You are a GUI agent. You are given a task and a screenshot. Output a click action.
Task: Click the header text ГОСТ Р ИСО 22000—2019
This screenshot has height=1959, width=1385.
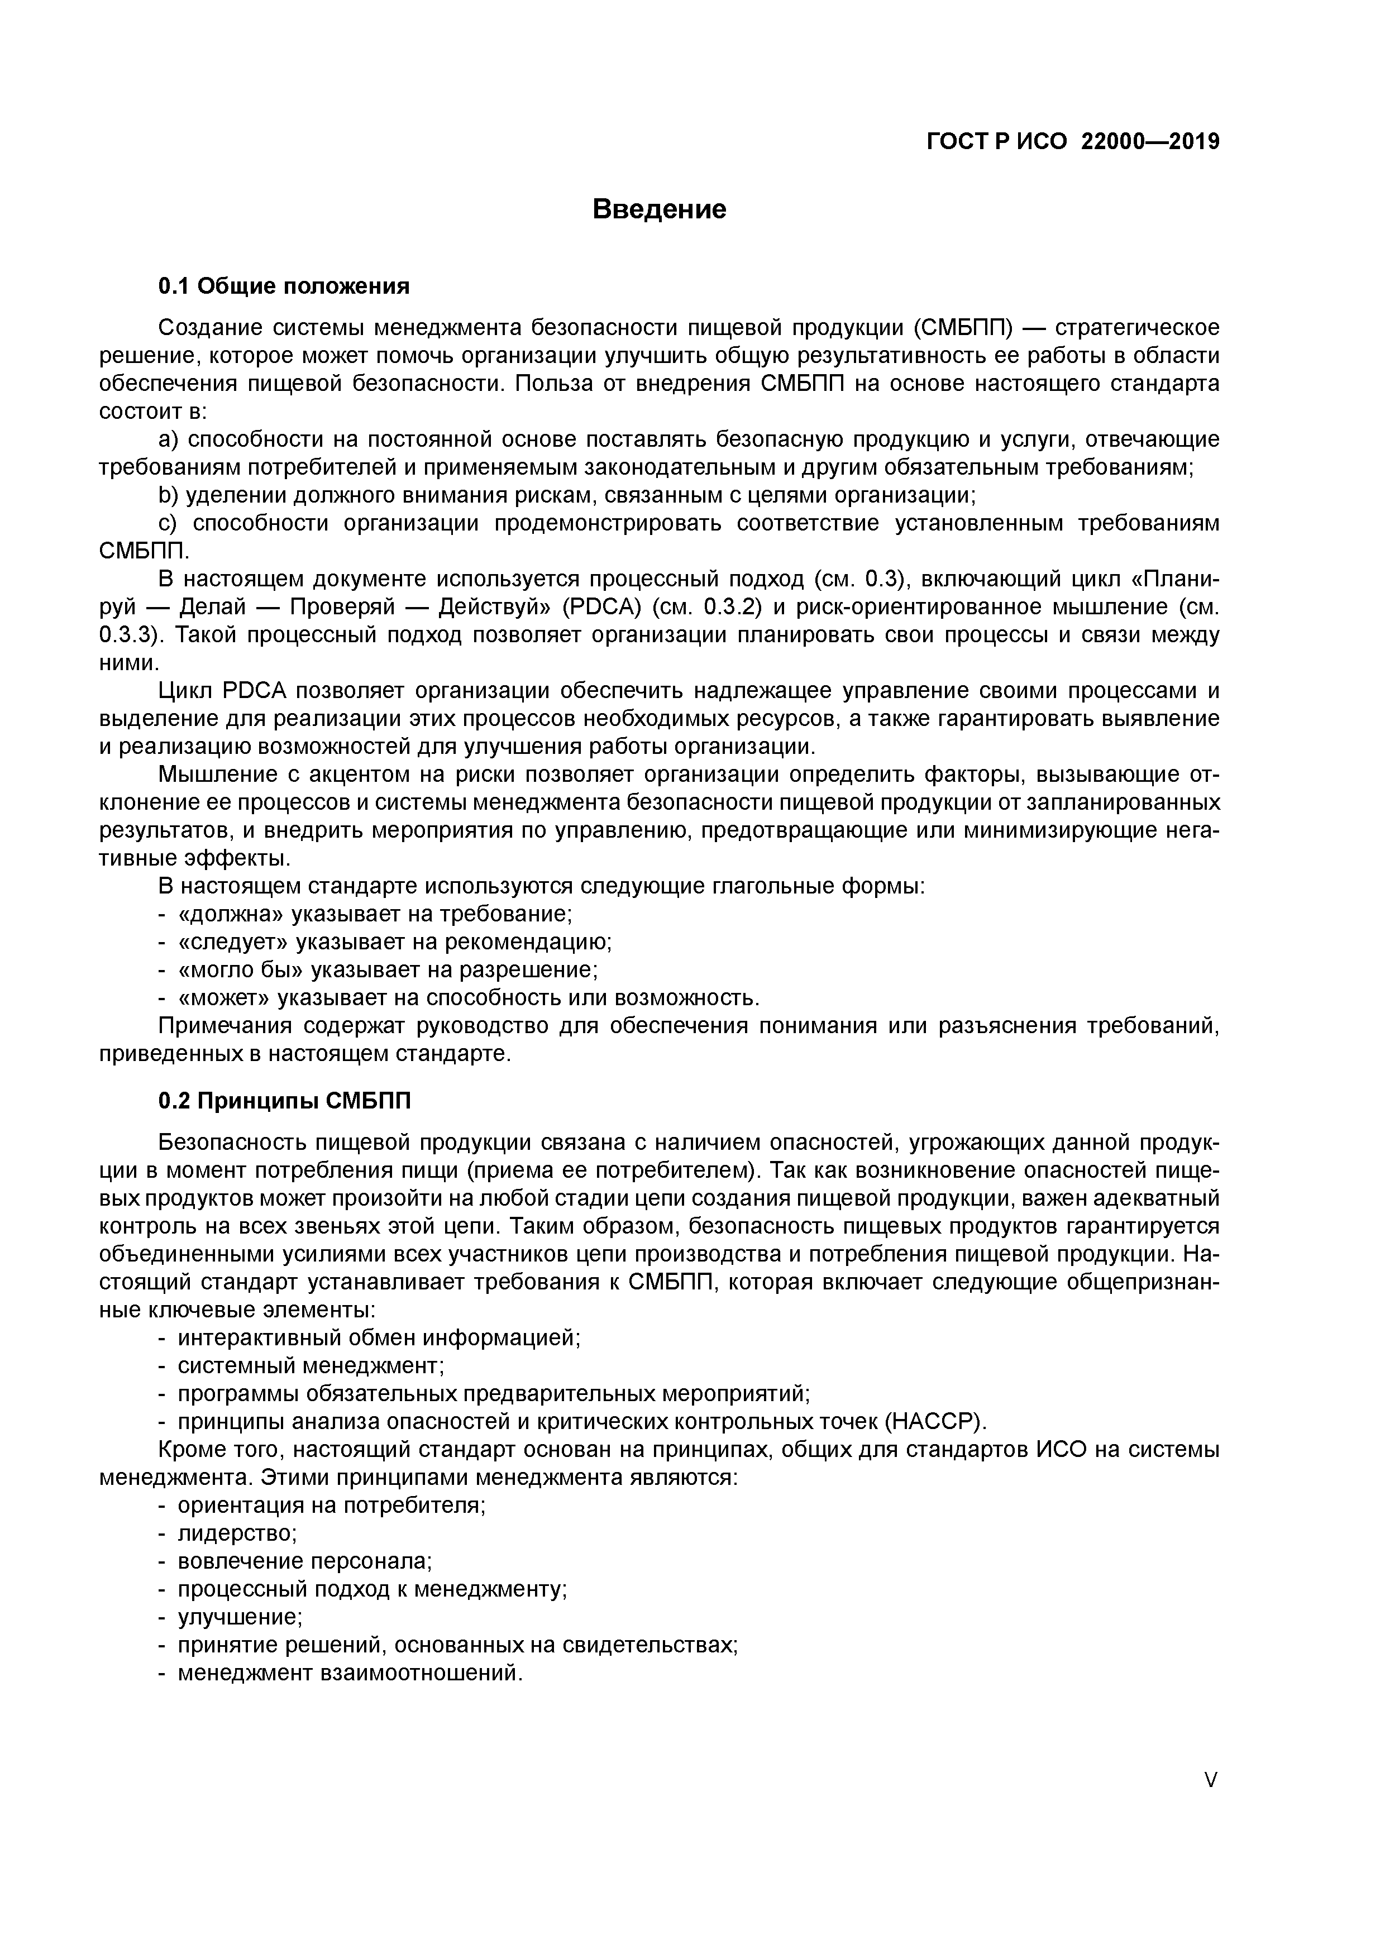1073,142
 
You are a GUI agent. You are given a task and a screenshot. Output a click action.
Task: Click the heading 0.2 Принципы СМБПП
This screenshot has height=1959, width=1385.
284,1101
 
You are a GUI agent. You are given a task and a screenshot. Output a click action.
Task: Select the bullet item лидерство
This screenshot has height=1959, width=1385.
236,1533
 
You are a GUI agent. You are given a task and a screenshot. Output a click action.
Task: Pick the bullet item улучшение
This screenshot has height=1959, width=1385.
240,1617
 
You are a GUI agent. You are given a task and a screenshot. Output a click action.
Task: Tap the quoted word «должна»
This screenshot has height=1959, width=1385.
231,914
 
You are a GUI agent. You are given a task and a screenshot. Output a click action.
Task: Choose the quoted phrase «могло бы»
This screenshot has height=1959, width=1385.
240,970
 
